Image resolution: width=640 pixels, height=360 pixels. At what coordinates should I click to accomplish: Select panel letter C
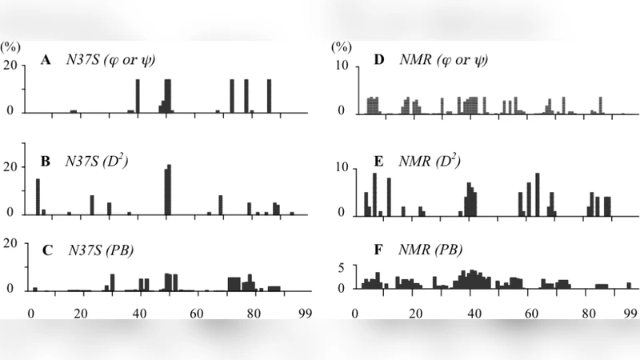pyautogui.click(x=47, y=249)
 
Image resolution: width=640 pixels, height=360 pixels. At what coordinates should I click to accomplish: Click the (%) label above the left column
pyautogui.click(x=11, y=47)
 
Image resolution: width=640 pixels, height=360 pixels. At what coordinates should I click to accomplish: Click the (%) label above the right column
pyautogui.click(x=342, y=47)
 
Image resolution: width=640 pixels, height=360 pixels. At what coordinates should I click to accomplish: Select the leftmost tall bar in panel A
pyautogui.click(x=138, y=95)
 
